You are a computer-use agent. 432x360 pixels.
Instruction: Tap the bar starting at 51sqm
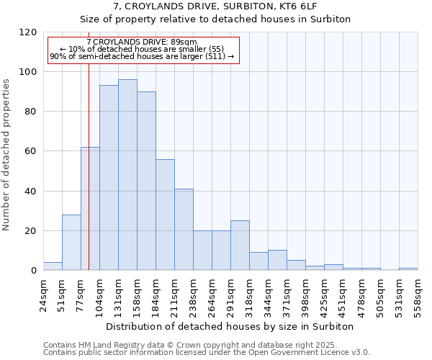point(71,243)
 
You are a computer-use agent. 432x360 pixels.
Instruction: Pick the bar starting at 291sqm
point(240,246)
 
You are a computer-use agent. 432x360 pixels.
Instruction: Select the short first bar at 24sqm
point(53,266)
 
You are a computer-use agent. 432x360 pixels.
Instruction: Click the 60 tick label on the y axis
point(30,151)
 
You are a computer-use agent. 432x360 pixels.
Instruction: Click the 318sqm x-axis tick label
point(250,293)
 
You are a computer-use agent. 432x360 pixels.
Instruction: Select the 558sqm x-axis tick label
point(418,293)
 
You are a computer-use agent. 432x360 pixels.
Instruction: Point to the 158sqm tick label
point(138,293)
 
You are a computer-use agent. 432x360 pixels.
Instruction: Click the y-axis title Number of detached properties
point(7,156)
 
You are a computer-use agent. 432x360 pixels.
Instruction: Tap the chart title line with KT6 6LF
point(215,6)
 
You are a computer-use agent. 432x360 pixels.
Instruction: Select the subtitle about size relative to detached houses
point(215,19)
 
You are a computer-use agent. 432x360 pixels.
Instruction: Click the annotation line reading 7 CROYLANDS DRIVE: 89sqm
point(141,42)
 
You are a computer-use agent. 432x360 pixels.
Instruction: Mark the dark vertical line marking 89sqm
point(89,180)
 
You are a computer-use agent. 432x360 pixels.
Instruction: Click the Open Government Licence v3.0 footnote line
point(207,353)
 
